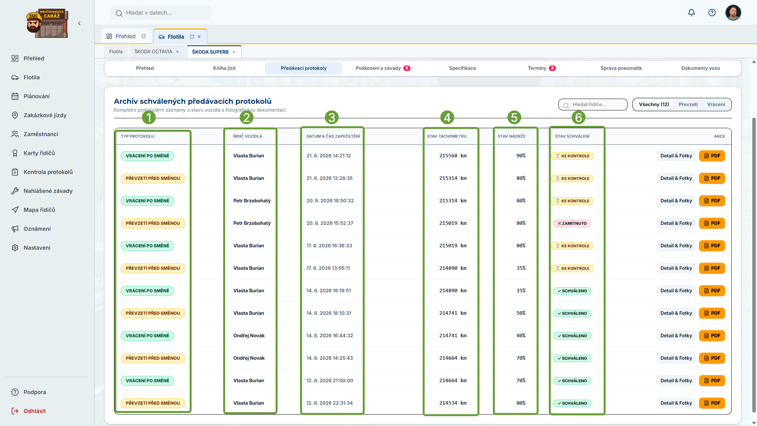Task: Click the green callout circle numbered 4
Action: click(447, 118)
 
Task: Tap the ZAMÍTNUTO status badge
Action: click(572, 223)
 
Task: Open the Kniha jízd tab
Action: click(224, 68)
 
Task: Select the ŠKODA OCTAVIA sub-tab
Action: click(153, 52)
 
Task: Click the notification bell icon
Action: click(692, 13)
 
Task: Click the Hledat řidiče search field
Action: click(593, 105)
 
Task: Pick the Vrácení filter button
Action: click(716, 105)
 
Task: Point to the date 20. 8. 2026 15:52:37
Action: click(330, 223)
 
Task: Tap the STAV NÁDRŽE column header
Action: click(511, 136)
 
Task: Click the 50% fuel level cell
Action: click(521, 313)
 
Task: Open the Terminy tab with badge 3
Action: click(542, 68)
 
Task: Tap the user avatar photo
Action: click(733, 13)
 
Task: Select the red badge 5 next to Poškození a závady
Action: click(407, 68)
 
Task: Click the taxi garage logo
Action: click(47, 23)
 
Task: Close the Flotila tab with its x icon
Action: click(199, 37)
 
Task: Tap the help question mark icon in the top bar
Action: click(712, 13)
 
